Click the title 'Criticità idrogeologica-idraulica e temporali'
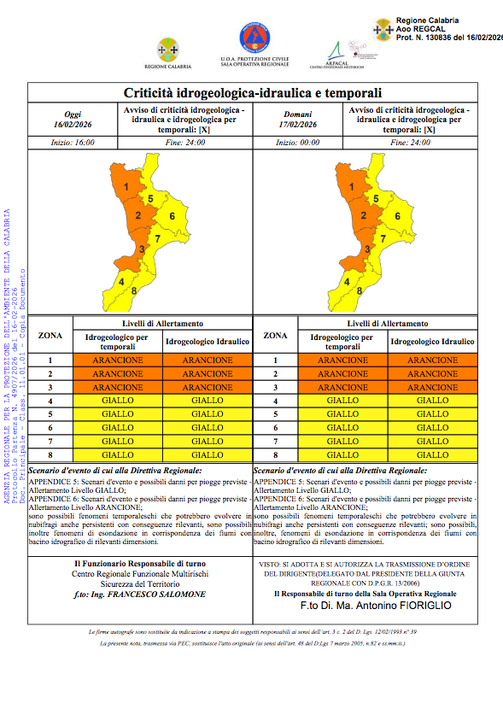[x=252, y=92]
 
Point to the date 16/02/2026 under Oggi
[x=73, y=125]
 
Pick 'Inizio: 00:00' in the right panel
[x=300, y=143]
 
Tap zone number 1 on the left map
[x=126, y=186]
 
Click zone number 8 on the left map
[x=134, y=292]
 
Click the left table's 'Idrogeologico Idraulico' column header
[x=208, y=342]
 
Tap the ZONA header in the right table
[x=275, y=337]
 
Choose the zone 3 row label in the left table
[x=50, y=387]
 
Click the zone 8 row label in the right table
[x=275, y=455]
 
